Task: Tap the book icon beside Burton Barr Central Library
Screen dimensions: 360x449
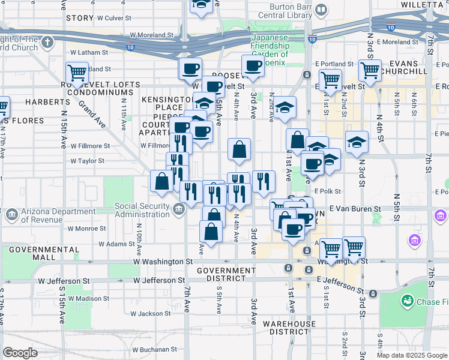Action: coord(322,10)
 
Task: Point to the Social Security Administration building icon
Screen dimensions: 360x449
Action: coord(178,209)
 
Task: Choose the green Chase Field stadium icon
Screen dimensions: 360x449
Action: coord(408,299)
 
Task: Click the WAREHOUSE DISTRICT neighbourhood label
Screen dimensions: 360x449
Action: coord(289,328)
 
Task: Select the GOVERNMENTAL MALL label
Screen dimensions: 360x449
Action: coord(32,253)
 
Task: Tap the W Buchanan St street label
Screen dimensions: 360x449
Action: coord(157,349)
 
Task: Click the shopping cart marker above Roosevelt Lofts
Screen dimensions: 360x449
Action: coord(77,73)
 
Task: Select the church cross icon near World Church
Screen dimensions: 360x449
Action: coord(47,43)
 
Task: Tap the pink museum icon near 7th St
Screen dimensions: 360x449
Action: coord(413,241)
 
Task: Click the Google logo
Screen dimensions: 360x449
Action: coord(20,353)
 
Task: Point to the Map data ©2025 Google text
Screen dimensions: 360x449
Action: coord(411,355)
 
